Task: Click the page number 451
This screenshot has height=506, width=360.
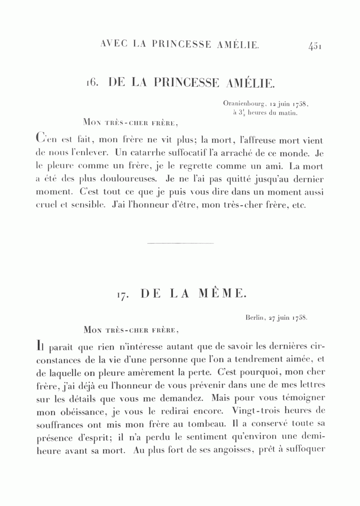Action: [315, 46]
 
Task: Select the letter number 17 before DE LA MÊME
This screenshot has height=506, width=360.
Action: [123, 295]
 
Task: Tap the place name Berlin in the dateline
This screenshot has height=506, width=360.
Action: [254, 318]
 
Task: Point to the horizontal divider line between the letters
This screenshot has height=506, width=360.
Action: [180, 243]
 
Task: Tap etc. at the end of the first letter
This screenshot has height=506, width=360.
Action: [299, 205]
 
